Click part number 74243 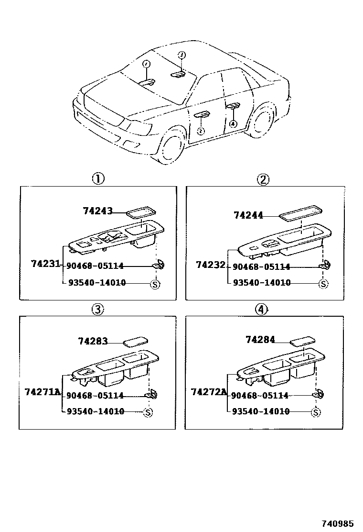(x=97, y=211)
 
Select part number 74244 (x=248, y=215)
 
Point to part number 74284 (x=260, y=340)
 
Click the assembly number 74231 (x=45, y=264)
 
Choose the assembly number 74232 (x=211, y=264)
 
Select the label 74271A (x=43, y=392)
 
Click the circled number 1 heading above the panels (x=98, y=179)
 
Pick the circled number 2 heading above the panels (x=263, y=179)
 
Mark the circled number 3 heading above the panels (x=97, y=310)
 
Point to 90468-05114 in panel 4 (x=260, y=396)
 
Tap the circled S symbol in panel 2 (x=323, y=284)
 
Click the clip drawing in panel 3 (x=152, y=394)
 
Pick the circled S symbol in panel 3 (x=148, y=412)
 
